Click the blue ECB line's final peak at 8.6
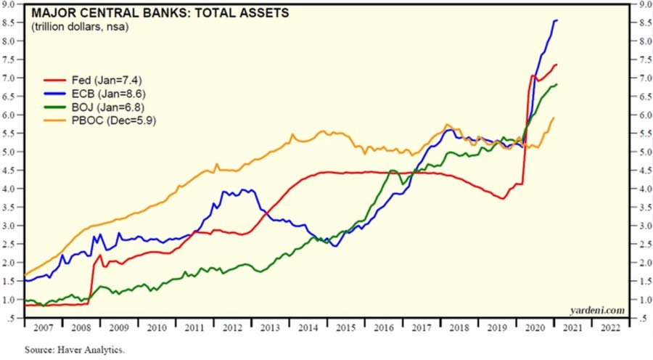coord(556,20)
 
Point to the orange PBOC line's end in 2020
coord(554,118)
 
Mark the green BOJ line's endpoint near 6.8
coord(557,85)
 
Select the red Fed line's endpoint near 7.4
coord(557,65)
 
